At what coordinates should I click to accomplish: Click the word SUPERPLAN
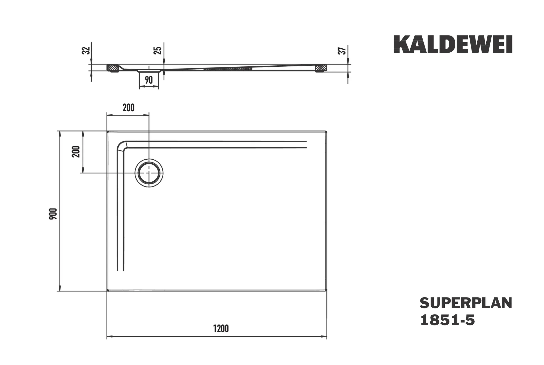pos(466,303)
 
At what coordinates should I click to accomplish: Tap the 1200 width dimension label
pos(221,329)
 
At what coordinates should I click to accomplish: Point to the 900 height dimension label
pos(53,214)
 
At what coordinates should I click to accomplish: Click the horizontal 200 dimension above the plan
pos(129,108)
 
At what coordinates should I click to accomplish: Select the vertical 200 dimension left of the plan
pos(76,152)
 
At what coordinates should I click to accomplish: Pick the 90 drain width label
pos(149,80)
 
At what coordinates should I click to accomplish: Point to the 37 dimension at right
pos(342,50)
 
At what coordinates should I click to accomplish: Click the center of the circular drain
pos(149,173)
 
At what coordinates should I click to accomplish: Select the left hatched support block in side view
pos(113,68)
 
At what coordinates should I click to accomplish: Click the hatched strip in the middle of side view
pos(228,69)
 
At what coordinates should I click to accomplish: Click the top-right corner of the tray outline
pos(326,131)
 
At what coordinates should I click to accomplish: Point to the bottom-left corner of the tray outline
pos(108,291)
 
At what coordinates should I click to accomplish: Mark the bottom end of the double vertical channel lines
pos(121,270)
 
